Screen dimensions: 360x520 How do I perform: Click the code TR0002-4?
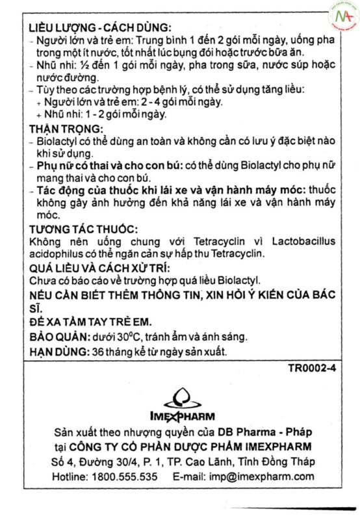coord(312,369)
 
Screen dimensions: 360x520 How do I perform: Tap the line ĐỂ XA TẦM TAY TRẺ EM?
coord(94,322)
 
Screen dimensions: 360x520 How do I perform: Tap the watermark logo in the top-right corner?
coord(341,18)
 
